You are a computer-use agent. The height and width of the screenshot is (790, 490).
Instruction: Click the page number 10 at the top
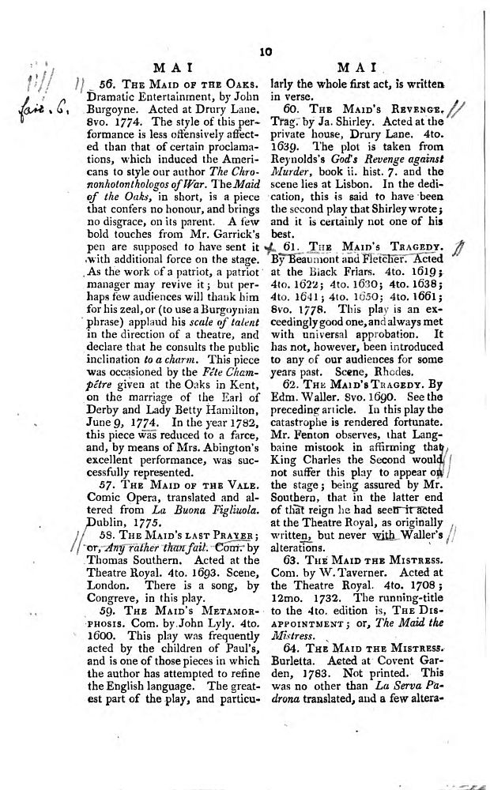(266, 51)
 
